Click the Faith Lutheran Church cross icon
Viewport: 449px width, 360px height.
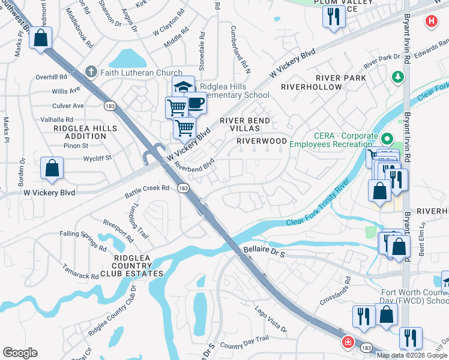click(91, 73)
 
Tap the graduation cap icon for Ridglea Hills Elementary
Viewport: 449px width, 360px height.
click(183, 87)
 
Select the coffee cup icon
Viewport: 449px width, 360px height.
click(195, 103)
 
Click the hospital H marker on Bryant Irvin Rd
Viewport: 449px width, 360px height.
click(430, 22)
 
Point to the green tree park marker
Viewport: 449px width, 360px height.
click(397, 77)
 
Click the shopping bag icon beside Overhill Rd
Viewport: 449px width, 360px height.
click(41, 39)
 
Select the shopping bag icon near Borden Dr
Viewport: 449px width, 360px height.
click(52, 169)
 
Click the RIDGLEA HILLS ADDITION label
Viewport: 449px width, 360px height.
click(80, 132)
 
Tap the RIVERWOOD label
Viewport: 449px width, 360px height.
click(262, 141)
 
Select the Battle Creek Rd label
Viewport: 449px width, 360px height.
click(147, 191)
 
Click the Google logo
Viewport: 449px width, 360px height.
click(20, 353)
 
